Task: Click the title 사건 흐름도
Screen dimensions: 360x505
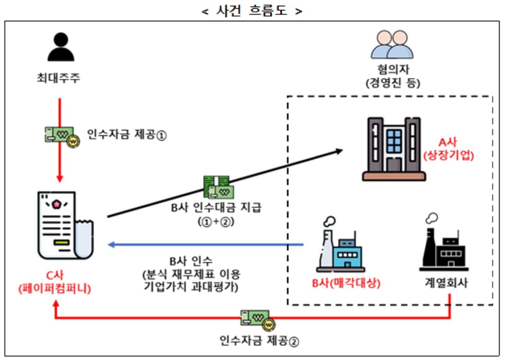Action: pyautogui.click(x=251, y=10)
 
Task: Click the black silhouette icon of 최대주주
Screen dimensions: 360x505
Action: pyautogui.click(x=61, y=47)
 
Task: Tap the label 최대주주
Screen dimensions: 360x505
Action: pyautogui.click(x=59, y=77)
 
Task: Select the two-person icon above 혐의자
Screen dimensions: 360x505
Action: pyautogui.click(x=392, y=44)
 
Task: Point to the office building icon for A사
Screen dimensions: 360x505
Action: pyautogui.click(x=394, y=149)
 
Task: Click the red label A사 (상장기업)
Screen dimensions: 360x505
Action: pyautogui.click(x=448, y=149)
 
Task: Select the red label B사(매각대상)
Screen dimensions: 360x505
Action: pyautogui.click(x=346, y=283)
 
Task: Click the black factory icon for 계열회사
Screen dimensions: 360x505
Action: pyautogui.click(x=444, y=246)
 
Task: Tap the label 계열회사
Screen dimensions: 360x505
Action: pyautogui.click(x=446, y=283)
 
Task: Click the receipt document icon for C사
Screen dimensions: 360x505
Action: pyautogui.click(x=65, y=225)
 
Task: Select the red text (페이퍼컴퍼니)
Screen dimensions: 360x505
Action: pyautogui.click(x=55, y=289)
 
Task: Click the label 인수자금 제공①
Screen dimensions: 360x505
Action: pyautogui.click(x=126, y=135)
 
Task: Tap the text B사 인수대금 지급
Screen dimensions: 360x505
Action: pyautogui.click(x=216, y=208)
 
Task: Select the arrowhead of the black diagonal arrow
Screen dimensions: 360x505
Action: pyautogui.click(x=339, y=151)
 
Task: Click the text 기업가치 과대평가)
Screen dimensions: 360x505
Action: pyautogui.click(x=191, y=287)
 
